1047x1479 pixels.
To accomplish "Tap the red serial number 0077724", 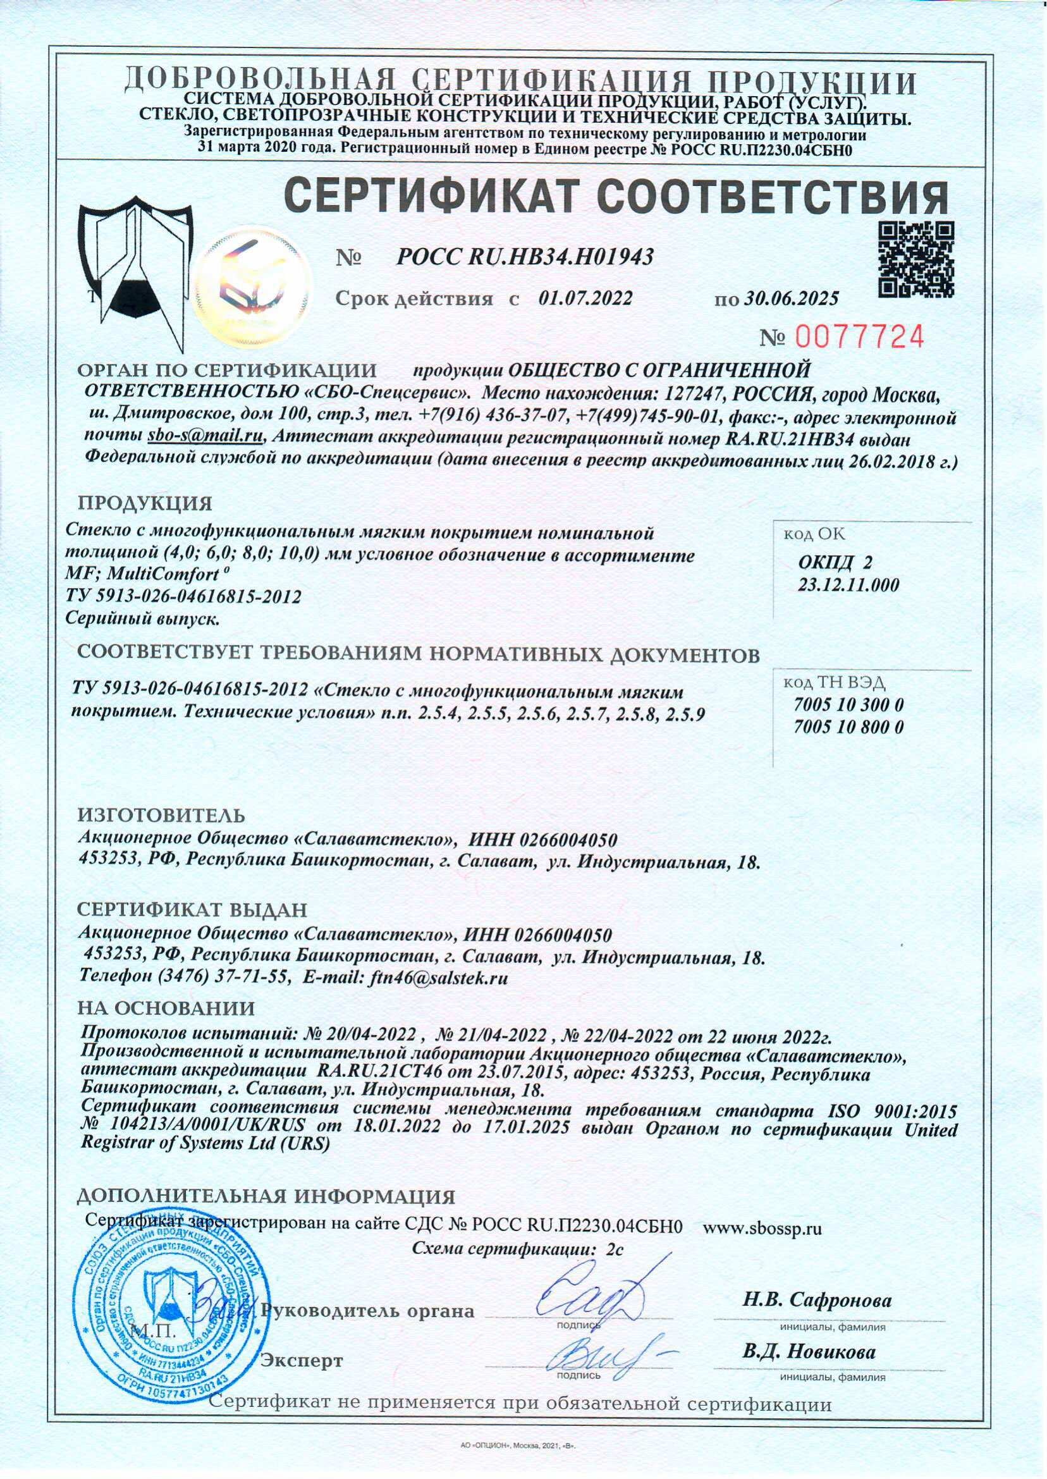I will click(x=860, y=336).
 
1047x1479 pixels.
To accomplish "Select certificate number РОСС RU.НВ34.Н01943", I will click(x=525, y=258).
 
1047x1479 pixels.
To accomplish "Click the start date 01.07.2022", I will click(x=585, y=298).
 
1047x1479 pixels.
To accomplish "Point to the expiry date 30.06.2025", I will click(x=791, y=298).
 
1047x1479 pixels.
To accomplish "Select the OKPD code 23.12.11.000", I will click(x=848, y=586).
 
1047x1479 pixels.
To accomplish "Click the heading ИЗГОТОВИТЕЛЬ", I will click(x=161, y=815).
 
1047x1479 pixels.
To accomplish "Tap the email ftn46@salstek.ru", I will click(x=437, y=978).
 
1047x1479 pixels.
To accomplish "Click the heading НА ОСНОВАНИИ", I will click(x=166, y=1008).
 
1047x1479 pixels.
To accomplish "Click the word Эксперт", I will click(x=301, y=1361).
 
